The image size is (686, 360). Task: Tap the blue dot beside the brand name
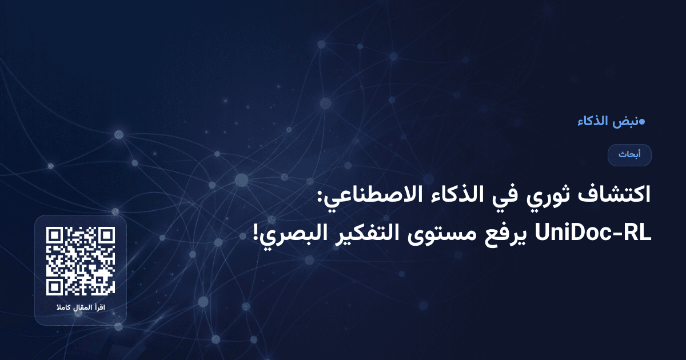[642, 121]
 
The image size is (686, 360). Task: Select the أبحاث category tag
[629, 155]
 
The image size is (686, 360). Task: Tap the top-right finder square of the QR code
[106, 235]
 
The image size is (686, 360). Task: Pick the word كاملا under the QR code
[62, 309]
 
